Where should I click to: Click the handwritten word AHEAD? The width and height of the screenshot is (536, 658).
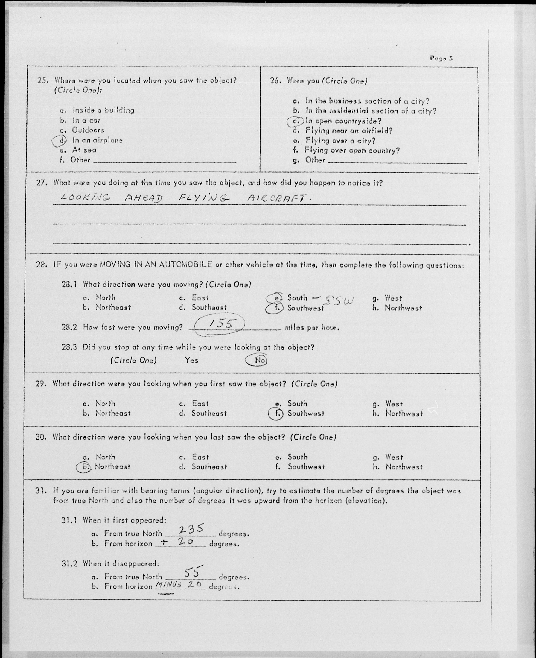point(143,198)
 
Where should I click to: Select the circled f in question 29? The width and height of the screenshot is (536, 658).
point(276,414)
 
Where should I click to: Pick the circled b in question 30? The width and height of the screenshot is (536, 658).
point(84,467)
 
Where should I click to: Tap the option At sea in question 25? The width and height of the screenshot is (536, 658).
point(84,150)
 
